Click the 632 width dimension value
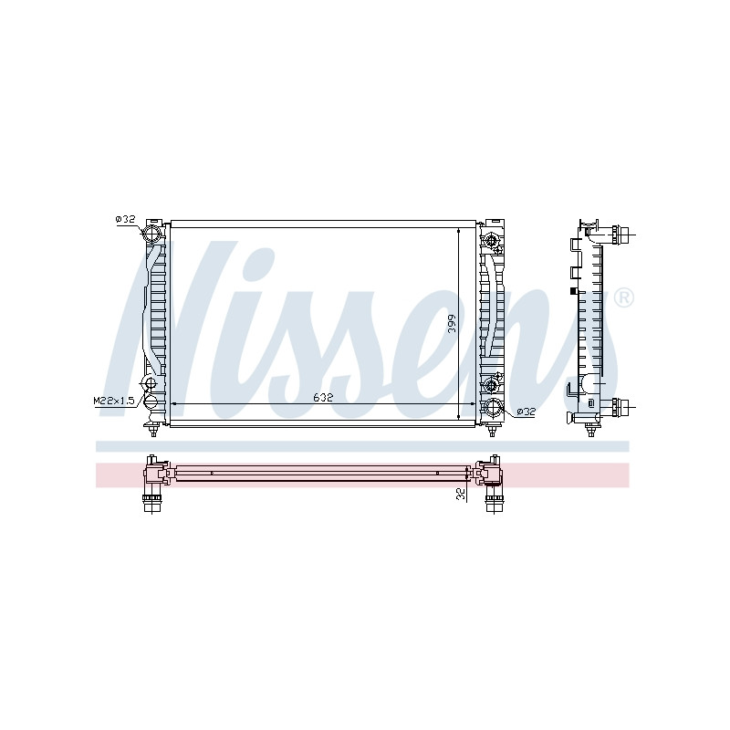[323, 398]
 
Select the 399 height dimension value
[451, 324]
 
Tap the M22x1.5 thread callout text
[114, 401]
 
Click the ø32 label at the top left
[125, 219]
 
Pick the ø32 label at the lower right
[527, 412]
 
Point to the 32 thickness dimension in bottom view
[462, 494]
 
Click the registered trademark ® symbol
[623, 298]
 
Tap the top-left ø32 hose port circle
[151, 234]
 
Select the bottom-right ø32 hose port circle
[493, 409]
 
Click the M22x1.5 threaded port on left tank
[151, 383]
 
